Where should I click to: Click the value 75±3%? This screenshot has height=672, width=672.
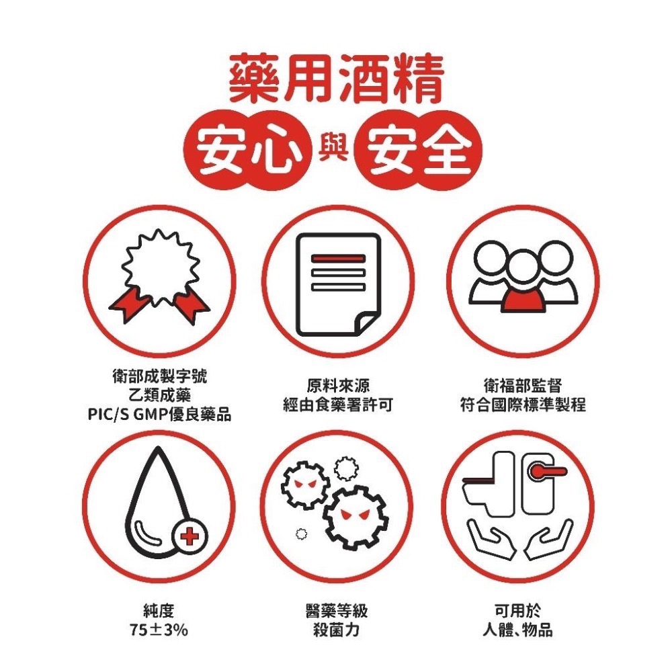tap(159, 630)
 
